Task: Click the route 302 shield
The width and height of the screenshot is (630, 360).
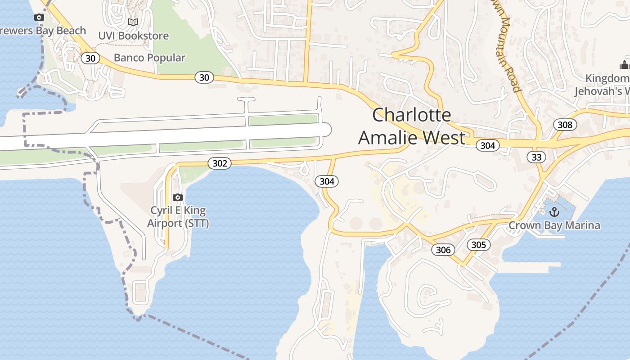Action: (220, 163)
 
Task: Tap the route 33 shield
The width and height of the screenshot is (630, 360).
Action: (536, 157)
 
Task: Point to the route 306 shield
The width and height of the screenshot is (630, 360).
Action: (443, 250)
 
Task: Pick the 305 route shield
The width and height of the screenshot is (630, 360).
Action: (479, 244)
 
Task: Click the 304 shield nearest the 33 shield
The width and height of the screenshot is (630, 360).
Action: (487, 145)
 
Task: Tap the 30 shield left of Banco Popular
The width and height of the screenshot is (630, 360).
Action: (90, 58)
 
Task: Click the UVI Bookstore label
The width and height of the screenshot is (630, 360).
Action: (134, 36)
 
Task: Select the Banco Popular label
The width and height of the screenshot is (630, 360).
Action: (149, 58)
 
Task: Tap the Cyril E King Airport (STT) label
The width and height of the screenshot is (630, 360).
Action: (178, 217)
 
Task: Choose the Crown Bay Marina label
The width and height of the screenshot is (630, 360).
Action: (554, 225)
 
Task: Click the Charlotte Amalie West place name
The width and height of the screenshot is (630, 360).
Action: (411, 126)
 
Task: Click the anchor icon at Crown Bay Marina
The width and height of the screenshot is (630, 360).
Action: (554, 211)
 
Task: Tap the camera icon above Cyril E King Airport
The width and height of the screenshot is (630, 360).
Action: (178, 197)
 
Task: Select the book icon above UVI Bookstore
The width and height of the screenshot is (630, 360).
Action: (133, 22)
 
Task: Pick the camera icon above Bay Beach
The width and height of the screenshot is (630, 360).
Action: (39, 18)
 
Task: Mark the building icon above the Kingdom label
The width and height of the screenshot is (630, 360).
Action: (624, 65)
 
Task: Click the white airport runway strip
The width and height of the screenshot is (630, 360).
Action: (180, 135)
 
